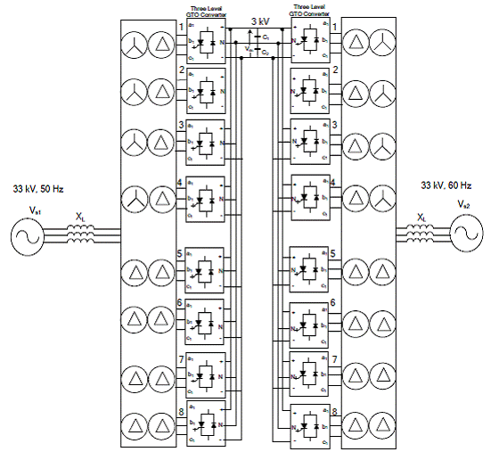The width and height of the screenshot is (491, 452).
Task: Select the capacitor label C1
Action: pyautogui.click(x=266, y=37)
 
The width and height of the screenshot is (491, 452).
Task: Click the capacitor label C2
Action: pyautogui.click(x=266, y=53)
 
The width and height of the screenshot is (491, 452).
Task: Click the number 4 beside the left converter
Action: pyautogui.click(x=180, y=182)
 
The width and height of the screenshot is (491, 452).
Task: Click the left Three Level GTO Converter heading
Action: pyautogui.click(x=206, y=11)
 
